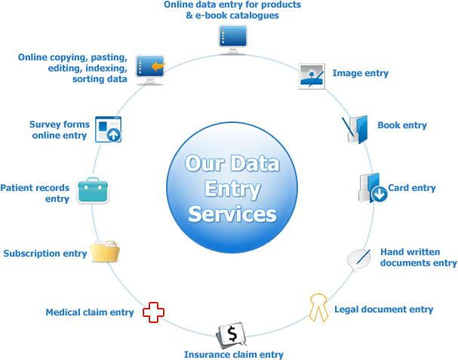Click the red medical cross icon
(x=154, y=312)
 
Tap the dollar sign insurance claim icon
(x=230, y=334)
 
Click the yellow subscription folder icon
(x=105, y=251)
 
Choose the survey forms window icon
(x=109, y=130)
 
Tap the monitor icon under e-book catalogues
(x=231, y=35)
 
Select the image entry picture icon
(x=312, y=76)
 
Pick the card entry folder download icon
(x=372, y=189)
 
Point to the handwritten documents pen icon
(x=358, y=258)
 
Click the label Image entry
(x=360, y=73)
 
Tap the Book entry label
(x=402, y=125)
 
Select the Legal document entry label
(x=385, y=309)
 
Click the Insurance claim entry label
(x=234, y=354)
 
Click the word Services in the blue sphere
(x=232, y=214)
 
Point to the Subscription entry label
(x=45, y=254)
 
